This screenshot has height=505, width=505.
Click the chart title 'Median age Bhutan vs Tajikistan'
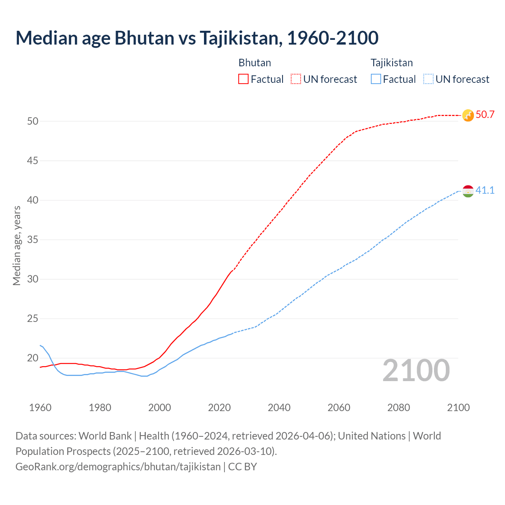(197, 38)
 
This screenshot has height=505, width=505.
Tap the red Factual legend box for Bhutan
(243, 79)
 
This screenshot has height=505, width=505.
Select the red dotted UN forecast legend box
(296, 79)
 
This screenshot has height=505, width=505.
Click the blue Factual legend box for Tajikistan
(376, 79)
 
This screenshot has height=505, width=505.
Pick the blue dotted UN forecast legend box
(428, 79)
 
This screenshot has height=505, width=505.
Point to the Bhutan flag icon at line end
(468, 115)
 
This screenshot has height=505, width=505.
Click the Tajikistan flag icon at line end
(468, 191)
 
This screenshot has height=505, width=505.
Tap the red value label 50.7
(485, 115)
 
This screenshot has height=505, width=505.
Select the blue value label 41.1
(485, 191)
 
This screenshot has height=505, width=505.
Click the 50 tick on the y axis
(33, 121)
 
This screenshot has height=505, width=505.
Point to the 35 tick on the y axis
(33, 239)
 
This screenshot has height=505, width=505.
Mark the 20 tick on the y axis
(33, 358)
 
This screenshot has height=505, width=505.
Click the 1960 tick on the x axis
(40, 408)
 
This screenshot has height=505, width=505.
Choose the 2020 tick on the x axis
(219, 408)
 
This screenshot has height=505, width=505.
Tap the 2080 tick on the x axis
(398, 408)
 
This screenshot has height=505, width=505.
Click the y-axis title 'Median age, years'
(17, 245)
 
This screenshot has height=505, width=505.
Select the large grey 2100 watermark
(416, 370)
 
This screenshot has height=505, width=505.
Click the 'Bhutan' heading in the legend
(254, 63)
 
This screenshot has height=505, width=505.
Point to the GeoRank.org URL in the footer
(118, 467)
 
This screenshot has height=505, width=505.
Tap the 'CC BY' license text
(243, 467)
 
